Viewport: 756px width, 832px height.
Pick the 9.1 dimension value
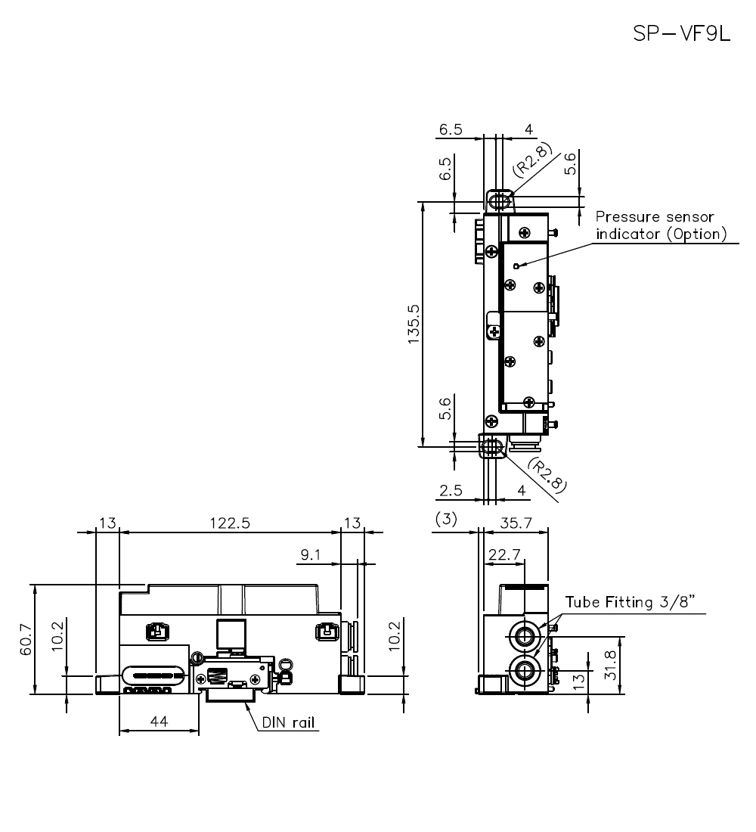coord(311,555)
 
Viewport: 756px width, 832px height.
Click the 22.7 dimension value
coord(504,554)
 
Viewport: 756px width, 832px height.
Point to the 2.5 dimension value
coord(451,491)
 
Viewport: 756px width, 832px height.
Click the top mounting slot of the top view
coord(498,201)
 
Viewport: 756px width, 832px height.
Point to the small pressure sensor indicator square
coord(516,265)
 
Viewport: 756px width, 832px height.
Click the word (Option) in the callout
coord(696,234)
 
